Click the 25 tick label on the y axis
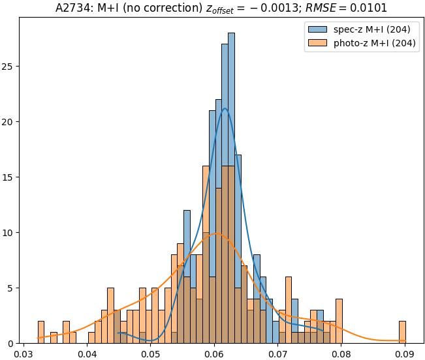(9, 67)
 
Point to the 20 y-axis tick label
(9, 122)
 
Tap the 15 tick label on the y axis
(9, 177)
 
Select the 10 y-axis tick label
(9, 233)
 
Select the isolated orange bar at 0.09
(402, 332)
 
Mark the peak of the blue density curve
(225, 108)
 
